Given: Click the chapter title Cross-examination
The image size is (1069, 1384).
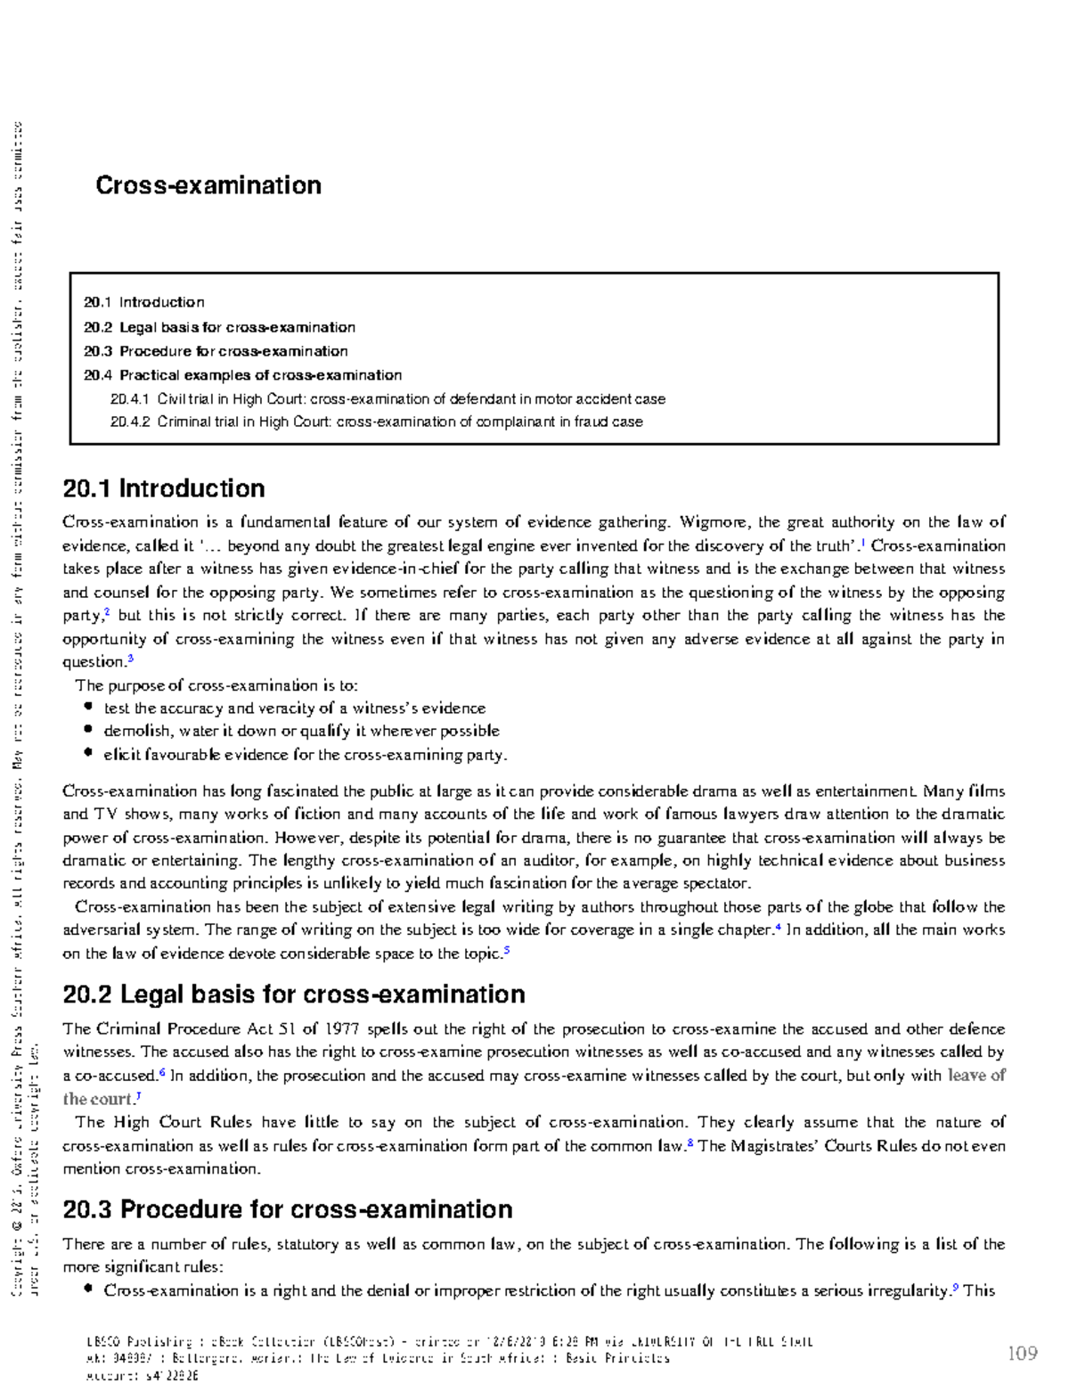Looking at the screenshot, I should pos(208,185).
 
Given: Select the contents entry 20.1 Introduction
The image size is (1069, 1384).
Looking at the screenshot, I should pos(144,302).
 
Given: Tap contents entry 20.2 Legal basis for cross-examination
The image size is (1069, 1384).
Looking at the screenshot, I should pos(219,327).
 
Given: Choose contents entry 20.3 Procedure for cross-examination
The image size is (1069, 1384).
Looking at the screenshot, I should pos(216,351).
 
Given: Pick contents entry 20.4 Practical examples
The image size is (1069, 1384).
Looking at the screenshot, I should pos(242,375).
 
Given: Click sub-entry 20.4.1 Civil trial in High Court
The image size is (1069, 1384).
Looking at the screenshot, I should pos(388,399).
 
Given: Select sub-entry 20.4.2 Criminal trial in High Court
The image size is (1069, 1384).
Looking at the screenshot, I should pos(376,422).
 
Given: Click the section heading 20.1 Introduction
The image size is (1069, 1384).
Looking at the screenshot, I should pos(164,488).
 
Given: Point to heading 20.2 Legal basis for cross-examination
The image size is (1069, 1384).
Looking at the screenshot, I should pos(294,995).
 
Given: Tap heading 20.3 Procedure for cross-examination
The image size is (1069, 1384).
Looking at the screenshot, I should pos(288,1209).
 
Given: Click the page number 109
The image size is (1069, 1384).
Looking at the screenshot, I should pos(1022,1353).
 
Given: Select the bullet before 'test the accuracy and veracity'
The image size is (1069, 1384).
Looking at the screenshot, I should pos(88,707).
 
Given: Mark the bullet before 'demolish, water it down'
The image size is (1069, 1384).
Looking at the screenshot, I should pos(88,730).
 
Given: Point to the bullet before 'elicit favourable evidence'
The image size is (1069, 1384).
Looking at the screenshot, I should pos(88,753).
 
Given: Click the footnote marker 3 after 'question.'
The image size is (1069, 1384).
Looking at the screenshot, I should pos(130,659).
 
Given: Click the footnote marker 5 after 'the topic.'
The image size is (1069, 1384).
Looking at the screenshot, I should pos(507,950).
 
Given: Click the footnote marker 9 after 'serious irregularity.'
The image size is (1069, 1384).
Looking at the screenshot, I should pos(955,1287).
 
